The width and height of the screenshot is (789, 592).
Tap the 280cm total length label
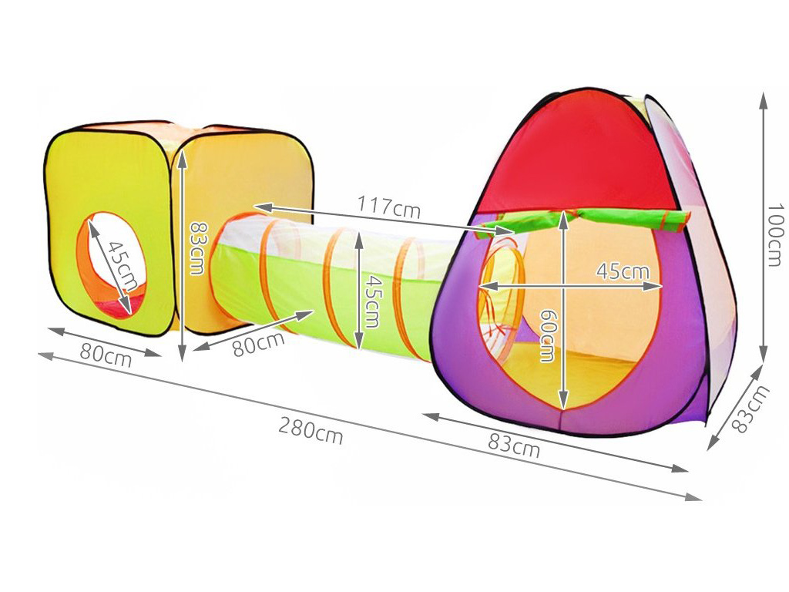pos(311,432)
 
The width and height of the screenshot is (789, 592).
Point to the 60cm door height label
pos(548,335)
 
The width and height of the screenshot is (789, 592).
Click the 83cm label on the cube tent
pos(196,249)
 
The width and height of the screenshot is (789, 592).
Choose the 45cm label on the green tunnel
pos(371,301)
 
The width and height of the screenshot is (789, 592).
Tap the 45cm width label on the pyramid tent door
pos(623,271)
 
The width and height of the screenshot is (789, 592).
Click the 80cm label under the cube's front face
pos(106,355)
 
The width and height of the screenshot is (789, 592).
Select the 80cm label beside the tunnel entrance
pos(259,345)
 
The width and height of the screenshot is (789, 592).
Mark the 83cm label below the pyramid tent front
pos(514,445)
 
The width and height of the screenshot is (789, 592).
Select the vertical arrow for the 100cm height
pos(764,227)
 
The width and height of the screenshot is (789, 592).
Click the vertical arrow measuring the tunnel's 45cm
pos(358,291)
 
